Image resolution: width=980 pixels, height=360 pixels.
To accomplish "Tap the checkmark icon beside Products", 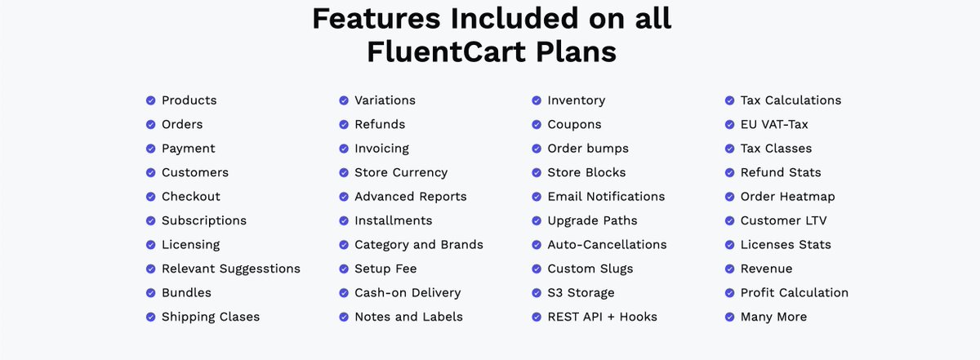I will (150, 100).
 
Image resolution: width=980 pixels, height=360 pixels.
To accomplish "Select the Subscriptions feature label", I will (203, 220).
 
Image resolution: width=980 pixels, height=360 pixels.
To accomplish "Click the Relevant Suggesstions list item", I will (230, 269).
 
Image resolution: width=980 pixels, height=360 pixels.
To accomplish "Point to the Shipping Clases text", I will (210, 317).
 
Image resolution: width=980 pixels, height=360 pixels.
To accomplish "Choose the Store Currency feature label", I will (400, 172).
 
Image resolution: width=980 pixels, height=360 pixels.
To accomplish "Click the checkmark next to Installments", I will (344, 220).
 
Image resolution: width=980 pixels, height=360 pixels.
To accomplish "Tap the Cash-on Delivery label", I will (407, 292).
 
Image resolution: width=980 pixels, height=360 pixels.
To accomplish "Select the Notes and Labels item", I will (408, 317).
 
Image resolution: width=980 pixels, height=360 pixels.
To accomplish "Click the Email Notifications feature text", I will (606, 197).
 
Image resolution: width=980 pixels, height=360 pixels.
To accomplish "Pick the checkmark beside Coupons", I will (537, 124).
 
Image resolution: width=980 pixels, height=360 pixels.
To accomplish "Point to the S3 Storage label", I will (581, 292).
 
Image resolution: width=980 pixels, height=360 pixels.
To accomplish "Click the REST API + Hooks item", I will (602, 317).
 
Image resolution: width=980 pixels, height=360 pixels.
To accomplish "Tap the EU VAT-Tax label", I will (773, 124).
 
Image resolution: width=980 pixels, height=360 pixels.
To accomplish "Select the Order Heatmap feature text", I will (787, 197).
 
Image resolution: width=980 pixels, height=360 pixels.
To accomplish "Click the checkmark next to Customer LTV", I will (729, 220).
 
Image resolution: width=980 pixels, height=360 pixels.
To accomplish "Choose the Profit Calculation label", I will (794, 292).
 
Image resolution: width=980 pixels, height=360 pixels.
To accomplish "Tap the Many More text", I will (773, 317).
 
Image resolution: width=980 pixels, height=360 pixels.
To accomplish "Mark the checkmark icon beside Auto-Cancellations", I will (537, 245).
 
